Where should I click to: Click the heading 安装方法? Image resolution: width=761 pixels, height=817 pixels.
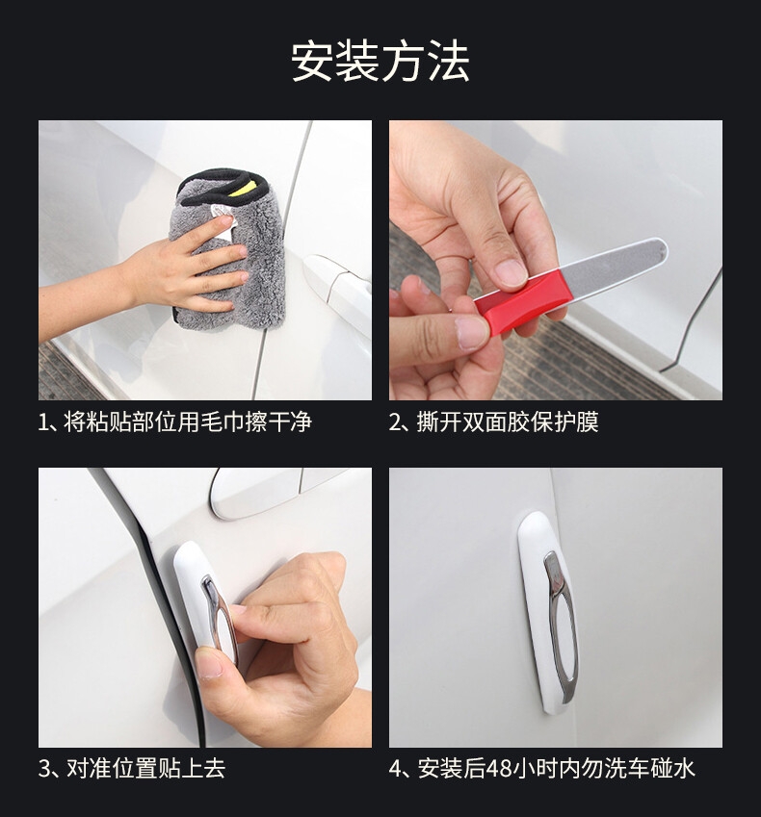click(x=380, y=62)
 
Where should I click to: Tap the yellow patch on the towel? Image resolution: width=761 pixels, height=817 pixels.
click(x=248, y=186)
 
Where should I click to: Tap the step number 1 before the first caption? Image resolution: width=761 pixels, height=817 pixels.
click(x=43, y=422)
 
